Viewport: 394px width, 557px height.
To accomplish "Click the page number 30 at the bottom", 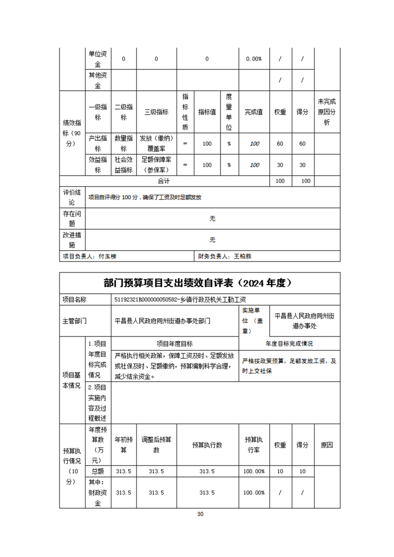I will tap(200, 514).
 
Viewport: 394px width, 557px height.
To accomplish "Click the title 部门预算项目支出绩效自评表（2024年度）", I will tap(200, 283).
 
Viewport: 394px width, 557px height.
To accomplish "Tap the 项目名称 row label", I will tap(75, 299).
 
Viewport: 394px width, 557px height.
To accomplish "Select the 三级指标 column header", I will tap(156, 112).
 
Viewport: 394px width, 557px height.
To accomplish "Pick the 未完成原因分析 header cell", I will tap(327, 112).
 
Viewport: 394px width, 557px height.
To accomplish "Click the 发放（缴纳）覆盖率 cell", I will tap(156, 143).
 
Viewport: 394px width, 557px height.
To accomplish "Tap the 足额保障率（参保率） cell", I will tap(156, 165).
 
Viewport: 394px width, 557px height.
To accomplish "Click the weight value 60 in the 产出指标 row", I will tap(280, 143).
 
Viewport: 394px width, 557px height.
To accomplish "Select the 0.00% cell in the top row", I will tap(254, 59).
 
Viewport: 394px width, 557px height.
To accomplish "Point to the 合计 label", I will tap(164, 181).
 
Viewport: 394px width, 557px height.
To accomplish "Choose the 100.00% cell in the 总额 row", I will tap(254, 471).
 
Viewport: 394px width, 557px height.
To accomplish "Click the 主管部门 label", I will tap(75, 321).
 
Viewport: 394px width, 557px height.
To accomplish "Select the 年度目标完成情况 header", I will tap(289, 344).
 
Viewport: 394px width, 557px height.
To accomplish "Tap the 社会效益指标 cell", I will tap(124, 165).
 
